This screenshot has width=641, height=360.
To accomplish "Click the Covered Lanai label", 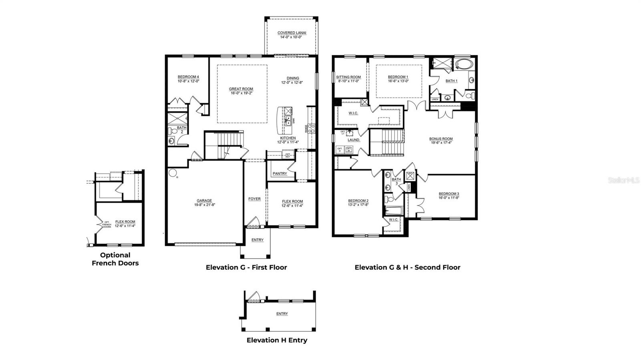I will click(x=292, y=33).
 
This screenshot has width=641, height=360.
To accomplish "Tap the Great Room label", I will click(x=241, y=89).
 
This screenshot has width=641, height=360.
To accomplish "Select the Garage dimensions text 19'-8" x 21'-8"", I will click(x=204, y=205).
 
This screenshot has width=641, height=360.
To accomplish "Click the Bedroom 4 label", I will click(x=188, y=77).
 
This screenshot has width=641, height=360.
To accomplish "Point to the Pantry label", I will click(x=280, y=173).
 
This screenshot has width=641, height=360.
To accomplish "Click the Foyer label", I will click(x=254, y=199).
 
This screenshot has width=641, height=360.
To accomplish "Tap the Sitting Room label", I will click(x=348, y=77).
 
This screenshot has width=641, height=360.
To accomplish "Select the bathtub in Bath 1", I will click(x=464, y=64).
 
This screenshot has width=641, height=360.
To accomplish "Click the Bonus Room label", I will click(x=441, y=139).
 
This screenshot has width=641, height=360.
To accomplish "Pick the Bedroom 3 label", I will click(x=449, y=193).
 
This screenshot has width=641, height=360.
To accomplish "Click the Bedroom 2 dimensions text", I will click(x=358, y=205).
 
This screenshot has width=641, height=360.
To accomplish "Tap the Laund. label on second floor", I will click(x=353, y=140).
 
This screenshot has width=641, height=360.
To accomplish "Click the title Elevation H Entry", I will click(x=277, y=340).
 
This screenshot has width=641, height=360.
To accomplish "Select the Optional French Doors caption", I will click(x=115, y=259).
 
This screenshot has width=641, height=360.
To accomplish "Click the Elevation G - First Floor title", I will click(x=246, y=267).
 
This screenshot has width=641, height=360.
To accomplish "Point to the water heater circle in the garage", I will click(x=173, y=173).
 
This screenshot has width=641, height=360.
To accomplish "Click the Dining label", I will click(x=292, y=78).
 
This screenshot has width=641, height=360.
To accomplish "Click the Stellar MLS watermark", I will click(x=624, y=181).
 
